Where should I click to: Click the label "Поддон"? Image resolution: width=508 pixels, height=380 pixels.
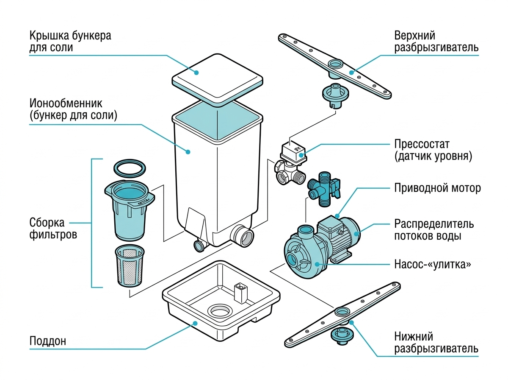click(48, 341)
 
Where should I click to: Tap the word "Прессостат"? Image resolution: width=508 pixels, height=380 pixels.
click(422, 144)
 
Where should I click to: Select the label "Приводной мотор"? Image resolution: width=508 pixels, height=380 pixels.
click(437, 188)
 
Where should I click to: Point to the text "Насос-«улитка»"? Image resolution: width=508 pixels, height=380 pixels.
click(433, 264)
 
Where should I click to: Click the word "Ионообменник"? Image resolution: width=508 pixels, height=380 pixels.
click(66, 103)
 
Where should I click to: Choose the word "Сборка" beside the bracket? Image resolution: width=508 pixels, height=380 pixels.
click(47, 223)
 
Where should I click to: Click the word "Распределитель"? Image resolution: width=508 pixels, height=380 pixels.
click(434, 224)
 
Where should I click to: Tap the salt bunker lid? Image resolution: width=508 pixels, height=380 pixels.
click(217, 81)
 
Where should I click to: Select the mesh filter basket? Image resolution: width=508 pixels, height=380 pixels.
click(130, 266)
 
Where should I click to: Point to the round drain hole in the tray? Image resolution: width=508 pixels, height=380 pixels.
click(220, 310)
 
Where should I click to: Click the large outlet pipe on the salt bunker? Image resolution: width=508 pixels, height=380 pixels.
click(242, 236)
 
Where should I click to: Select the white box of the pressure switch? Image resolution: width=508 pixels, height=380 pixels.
click(294, 152)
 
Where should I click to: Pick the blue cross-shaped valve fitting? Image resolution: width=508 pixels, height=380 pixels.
click(324, 189)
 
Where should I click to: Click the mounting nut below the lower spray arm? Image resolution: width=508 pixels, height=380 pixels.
click(342, 336)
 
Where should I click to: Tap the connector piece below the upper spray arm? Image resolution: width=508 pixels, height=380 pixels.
click(336, 95)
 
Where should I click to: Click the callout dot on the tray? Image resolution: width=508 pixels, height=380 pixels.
click(195, 323)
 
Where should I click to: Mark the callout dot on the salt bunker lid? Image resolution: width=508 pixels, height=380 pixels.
click(196, 73)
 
